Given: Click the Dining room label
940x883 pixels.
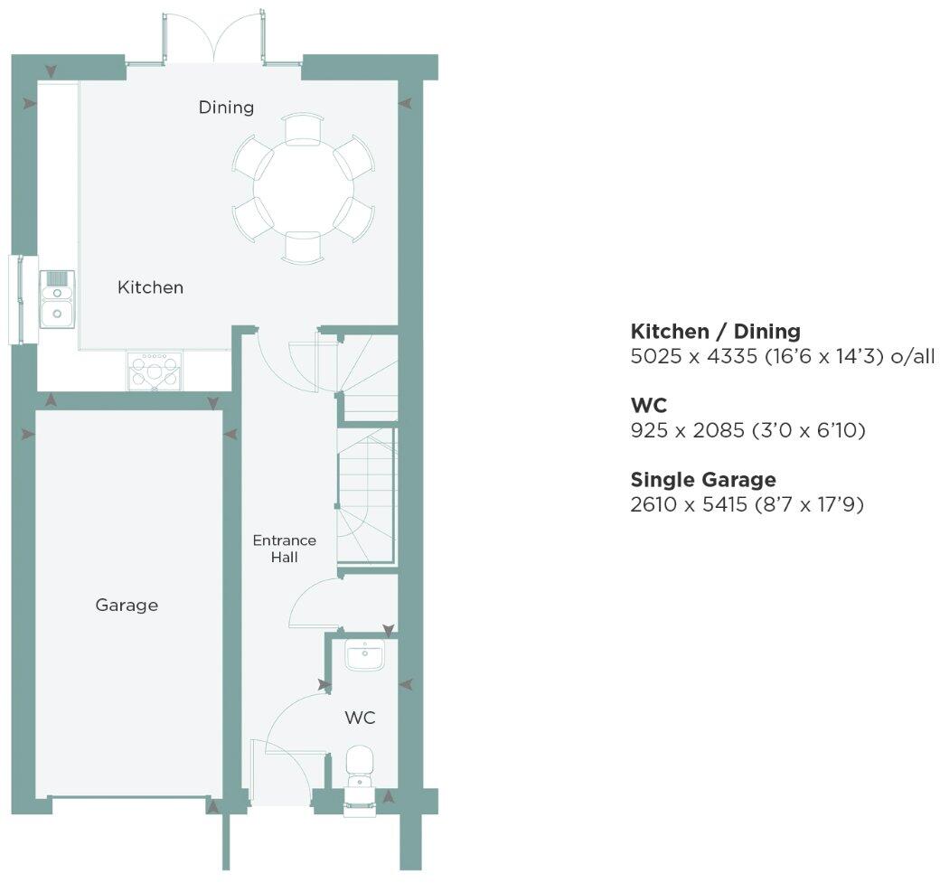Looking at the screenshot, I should tap(226, 108).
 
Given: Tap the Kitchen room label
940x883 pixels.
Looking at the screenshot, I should tap(150, 287).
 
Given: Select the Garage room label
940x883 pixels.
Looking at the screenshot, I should tap(127, 605).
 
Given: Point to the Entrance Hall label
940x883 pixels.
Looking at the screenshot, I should tap(284, 549).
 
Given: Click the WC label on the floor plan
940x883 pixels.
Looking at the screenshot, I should tap(360, 719).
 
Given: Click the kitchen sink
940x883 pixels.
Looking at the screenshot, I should tap(57, 299).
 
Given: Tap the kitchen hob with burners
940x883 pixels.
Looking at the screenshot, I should tap(155, 371).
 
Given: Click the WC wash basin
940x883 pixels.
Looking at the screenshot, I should tap(365, 655).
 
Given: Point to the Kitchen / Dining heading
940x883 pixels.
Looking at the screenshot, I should tap(715, 331).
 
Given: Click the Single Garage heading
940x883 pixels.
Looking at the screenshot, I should tap(703, 480).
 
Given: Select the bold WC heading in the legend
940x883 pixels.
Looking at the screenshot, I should tap(648, 406).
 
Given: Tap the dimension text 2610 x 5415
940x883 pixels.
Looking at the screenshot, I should tap(693, 503).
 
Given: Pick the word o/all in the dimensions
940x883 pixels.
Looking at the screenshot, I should tap(911, 356).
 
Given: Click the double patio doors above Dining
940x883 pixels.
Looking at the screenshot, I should tap(215, 41).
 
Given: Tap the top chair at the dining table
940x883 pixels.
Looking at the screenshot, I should tap(303, 128).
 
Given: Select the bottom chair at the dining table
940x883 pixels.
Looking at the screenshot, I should tap(303, 248).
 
